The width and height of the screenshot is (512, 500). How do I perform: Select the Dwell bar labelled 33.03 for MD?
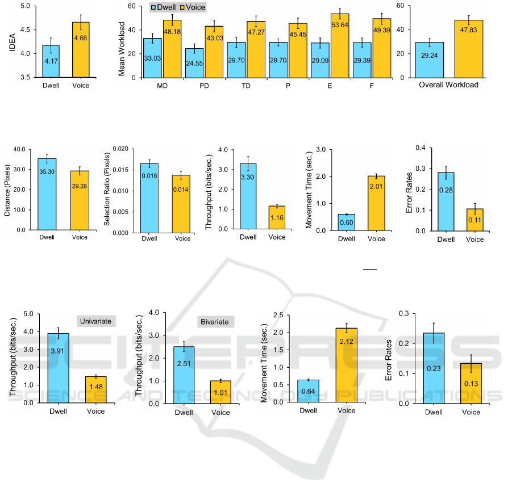point(152,58)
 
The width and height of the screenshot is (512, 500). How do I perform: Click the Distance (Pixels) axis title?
point(7,190)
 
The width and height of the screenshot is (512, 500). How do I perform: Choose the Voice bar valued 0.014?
point(182,204)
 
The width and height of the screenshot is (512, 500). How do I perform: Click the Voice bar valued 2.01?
point(376,203)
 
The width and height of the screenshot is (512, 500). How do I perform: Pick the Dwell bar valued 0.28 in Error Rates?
point(446,201)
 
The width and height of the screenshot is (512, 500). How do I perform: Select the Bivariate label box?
point(214,322)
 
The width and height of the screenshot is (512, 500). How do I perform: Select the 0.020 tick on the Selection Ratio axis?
point(121,148)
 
